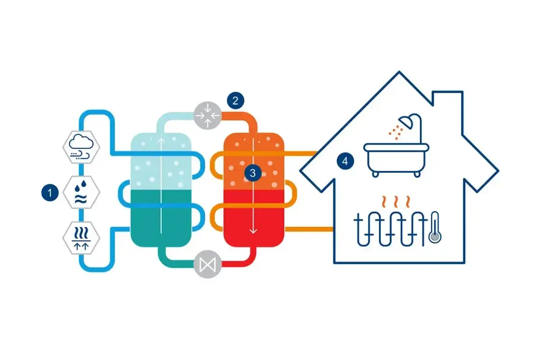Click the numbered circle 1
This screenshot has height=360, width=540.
tap(50, 192)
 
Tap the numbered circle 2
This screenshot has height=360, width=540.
tap(236, 101)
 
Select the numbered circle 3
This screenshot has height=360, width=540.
tap(253, 173)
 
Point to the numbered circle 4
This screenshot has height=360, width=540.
tap(345, 161)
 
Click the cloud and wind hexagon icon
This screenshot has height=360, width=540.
tap(81, 147)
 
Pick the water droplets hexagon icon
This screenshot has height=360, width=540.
tap(81, 192)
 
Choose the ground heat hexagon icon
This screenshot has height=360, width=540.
tap(81, 238)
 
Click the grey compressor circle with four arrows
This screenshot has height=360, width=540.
tap(207, 115)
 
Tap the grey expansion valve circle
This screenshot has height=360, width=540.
tap(207, 264)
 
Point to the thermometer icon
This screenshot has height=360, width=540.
tap(435, 227)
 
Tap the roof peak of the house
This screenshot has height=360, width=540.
tap(399, 72)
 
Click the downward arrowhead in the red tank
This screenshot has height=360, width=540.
tap(253, 231)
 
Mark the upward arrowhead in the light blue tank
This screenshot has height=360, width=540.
tap(161, 140)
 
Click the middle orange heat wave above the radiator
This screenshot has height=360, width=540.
tap(396, 202)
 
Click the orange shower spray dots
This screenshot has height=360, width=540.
tap(396, 131)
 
